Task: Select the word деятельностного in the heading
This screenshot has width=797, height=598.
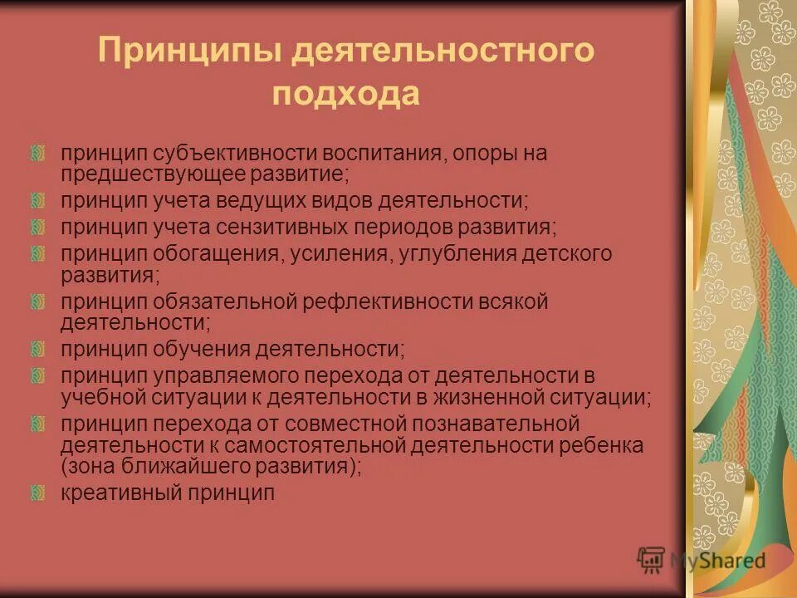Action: tap(443, 51)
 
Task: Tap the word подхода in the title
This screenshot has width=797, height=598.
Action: tap(346, 94)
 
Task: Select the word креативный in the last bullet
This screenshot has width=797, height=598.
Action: tap(120, 493)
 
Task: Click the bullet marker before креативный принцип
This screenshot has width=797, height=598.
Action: tap(37, 493)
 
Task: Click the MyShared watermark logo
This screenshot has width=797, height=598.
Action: tap(702, 560)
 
